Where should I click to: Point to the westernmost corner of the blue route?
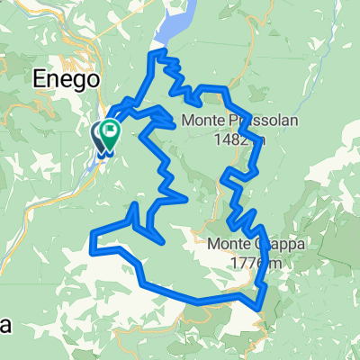point(93,238)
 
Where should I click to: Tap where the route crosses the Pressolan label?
point(231,121)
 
